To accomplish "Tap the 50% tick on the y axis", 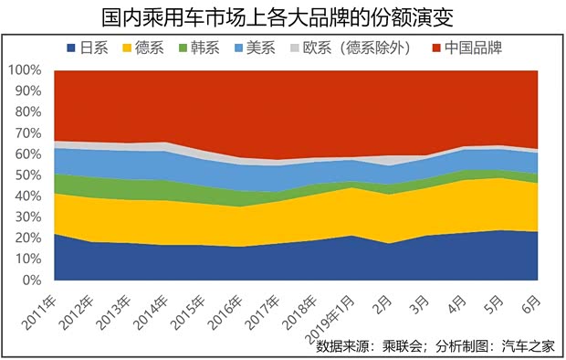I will pyautogui.click(x=27, y=175).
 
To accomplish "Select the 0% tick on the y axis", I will pyautogui.click(x=31, y=281).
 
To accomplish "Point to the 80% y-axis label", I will pyautogui.click(x=27, y=112).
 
